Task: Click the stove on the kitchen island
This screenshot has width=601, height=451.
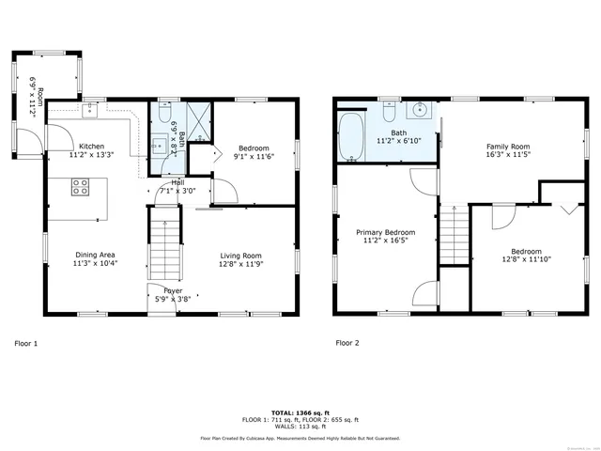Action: coord(79,188)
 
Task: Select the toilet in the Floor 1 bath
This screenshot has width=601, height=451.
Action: coord(164,115)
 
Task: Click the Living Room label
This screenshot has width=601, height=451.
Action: coord(240,256)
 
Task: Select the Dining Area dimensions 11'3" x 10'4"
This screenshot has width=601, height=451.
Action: coord(95,264)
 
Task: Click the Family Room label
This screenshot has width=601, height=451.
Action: coord(507,147)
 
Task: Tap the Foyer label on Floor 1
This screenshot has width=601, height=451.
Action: coord(173,290)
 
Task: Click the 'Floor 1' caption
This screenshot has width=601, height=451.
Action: coord(27,343)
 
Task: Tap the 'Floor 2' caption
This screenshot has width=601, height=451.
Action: coord(347,343)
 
